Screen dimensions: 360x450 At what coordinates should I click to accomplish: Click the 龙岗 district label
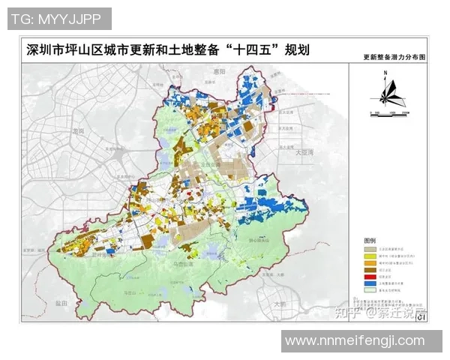coord(77,130)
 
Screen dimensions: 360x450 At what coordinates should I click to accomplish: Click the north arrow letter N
coord(384,73)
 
